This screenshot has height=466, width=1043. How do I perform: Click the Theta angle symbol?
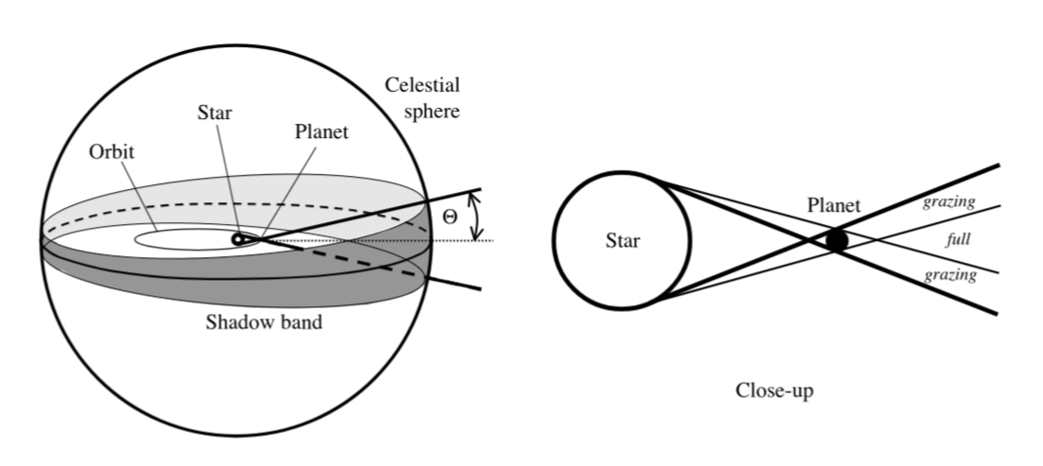pos(450,217)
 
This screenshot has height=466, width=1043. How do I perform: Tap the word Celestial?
pos(422,85)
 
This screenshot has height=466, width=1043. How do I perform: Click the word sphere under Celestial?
pos(432,112)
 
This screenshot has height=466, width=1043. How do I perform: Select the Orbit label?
pos(111,152)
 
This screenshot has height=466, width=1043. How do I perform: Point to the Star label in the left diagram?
pos(214,112)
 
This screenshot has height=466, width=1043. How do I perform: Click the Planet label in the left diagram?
pos(321,131)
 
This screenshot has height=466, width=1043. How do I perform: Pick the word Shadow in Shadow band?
pos(236,322)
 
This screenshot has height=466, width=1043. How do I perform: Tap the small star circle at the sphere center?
pos(237,239)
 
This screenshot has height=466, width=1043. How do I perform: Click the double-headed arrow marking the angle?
pos(476,216)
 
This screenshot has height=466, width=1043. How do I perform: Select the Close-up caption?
pos(775,390)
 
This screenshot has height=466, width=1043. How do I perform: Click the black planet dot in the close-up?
pos(837,240)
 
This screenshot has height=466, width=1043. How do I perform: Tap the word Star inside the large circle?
pos(623,240)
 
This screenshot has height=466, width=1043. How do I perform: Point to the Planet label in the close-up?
pos(834,205)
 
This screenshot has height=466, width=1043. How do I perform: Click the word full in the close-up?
pos(959,239)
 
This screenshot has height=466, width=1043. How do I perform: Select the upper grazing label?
pos(949,202)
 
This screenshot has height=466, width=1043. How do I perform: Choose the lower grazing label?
pos(949,275)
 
